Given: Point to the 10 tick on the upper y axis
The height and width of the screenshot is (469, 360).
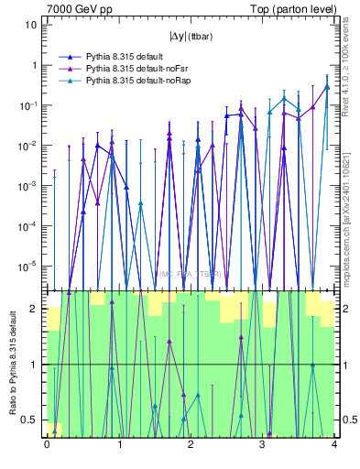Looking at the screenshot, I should click(x=30, y=25).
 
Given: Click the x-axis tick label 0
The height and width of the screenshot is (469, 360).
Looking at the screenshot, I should click(x=47, y=445).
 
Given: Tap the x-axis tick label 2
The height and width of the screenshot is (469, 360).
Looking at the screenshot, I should click(x=191, y=445).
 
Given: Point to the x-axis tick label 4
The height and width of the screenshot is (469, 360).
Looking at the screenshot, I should click(x=334, y=445).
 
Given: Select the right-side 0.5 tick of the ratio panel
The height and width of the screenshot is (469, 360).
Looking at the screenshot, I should click(x=348, y=420).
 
